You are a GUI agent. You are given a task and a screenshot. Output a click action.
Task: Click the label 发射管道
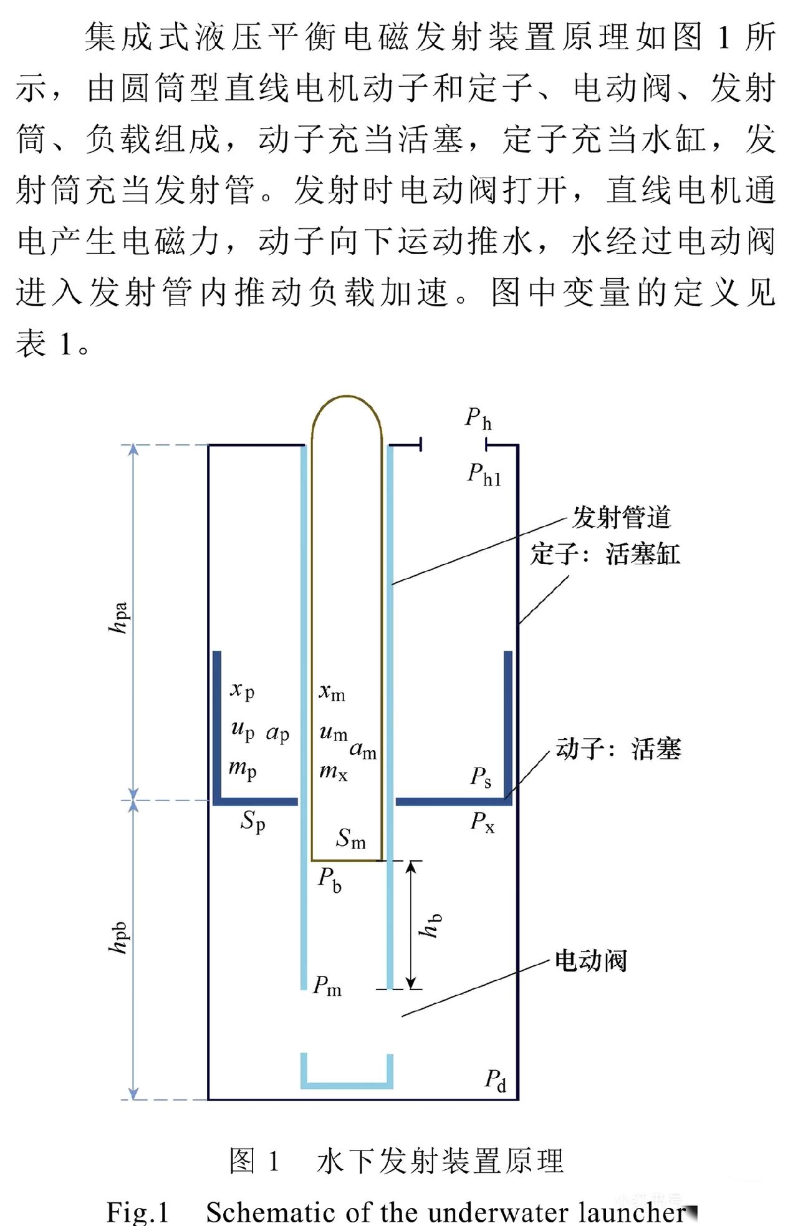pos(622,517)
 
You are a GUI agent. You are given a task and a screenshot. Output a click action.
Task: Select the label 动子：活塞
pos(618,749)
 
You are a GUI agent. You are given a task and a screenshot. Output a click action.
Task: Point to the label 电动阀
pos(590,961)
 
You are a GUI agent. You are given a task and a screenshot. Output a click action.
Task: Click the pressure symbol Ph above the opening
pos(478,419)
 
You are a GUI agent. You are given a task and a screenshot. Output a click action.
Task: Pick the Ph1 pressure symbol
pos(484,475)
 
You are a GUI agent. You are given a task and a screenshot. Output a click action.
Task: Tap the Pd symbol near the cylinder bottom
pos(496,1080)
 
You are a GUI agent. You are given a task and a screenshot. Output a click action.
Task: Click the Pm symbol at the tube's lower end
pos(327,986)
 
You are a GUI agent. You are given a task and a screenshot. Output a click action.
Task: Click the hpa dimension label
pos(118,618)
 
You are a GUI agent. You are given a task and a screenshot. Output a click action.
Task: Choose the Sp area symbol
pos(253,821)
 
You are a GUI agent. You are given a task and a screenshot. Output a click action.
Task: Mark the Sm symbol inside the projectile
pos(350,839)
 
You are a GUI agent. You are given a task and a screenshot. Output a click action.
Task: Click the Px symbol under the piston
pos(482,822)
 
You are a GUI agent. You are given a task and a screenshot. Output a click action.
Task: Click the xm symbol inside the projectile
pos(332,692)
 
